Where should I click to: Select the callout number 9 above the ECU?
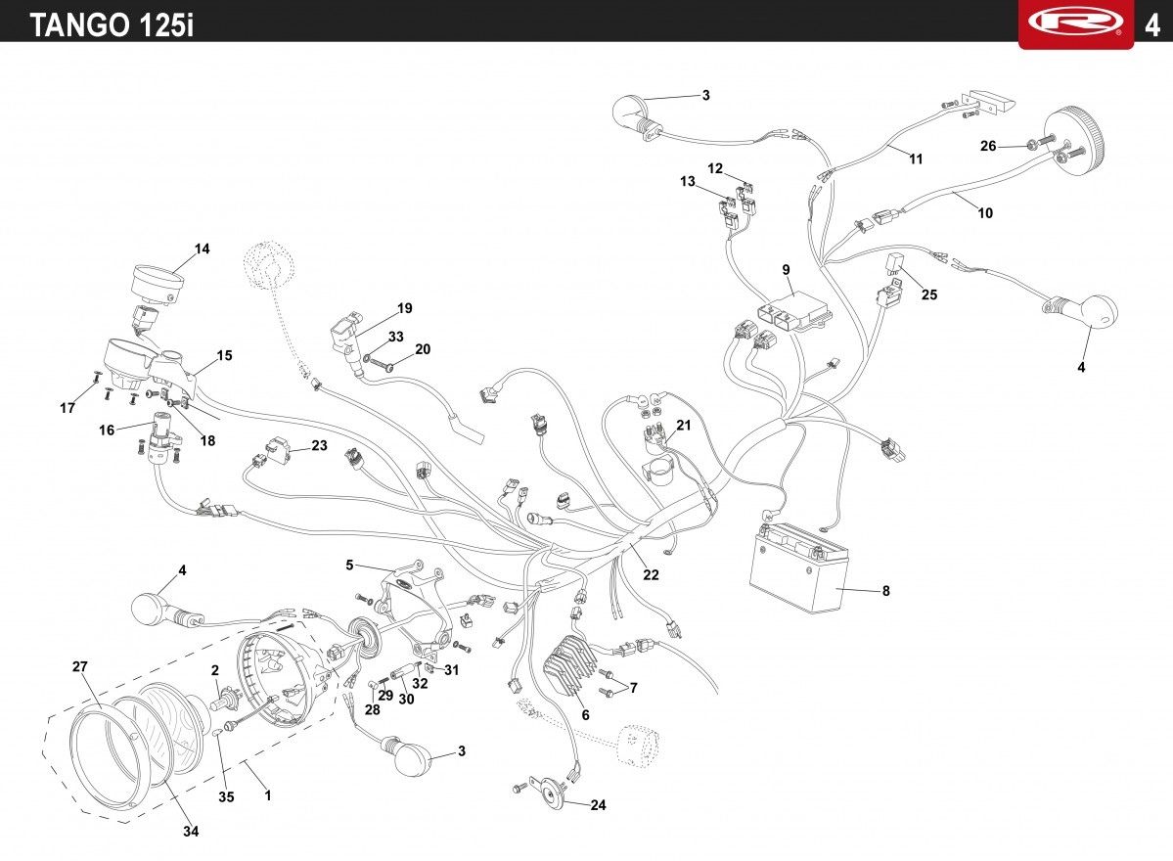[787, 269]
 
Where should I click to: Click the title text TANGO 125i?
[112, 24]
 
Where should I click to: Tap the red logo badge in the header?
[1076, 23]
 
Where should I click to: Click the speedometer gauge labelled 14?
[158, 283]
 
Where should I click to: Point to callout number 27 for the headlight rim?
[80, 666]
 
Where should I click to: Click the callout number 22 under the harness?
[651, 574]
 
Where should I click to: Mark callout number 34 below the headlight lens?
[191, 831]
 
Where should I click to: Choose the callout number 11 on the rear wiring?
[916, 159]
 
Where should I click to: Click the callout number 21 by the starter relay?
[684, 425]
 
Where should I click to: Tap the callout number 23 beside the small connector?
[320, 445]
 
